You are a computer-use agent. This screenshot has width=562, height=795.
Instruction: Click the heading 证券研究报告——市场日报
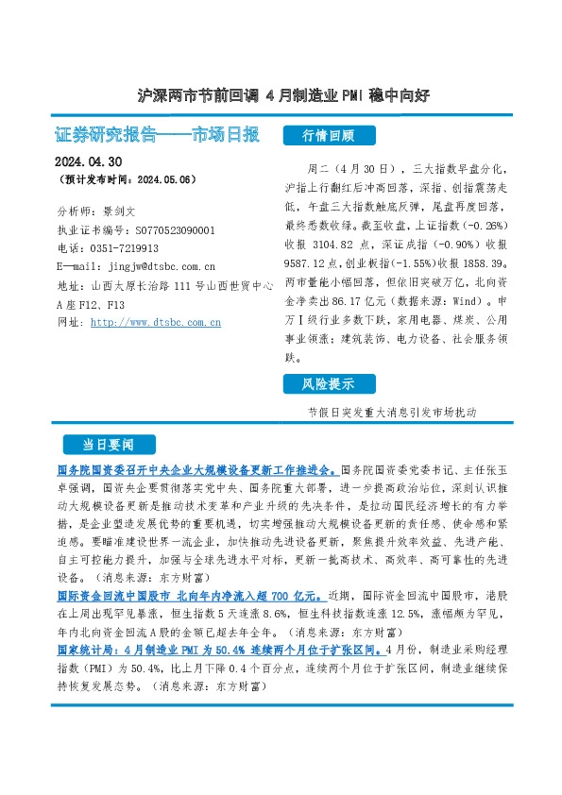[158, 134]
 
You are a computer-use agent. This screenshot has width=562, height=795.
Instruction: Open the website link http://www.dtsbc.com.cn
[155, 322]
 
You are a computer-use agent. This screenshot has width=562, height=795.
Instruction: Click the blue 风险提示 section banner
[328, 384]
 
